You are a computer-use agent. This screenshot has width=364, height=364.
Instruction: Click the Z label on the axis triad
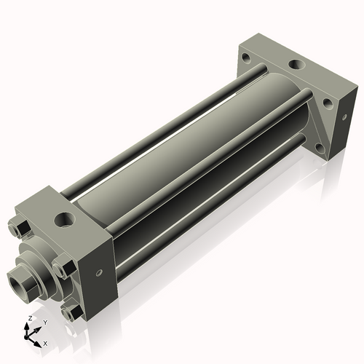click(x=28, y=319)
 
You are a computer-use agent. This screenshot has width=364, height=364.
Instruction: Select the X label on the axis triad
click(x=46, y=342)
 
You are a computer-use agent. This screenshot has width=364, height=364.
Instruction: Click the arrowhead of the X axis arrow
click(x=39, y=340)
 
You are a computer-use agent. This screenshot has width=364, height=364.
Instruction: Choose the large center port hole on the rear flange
click(x=296, y=66)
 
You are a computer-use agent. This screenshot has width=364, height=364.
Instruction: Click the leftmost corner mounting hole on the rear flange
click(x=248, y=57)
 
